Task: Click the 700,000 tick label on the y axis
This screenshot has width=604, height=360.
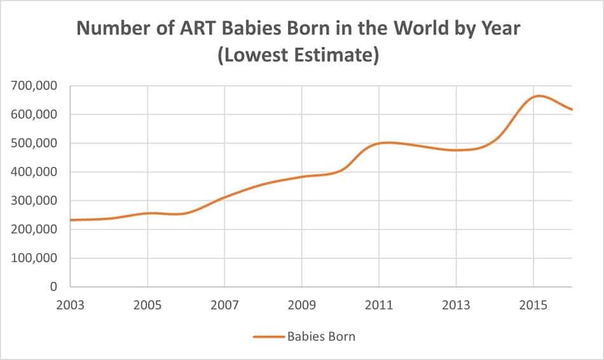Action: click(35, 86)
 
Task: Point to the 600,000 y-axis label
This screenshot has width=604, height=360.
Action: click(35, 114)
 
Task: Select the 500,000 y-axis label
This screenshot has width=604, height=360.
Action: click(35, 143)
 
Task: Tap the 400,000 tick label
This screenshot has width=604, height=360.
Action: click(35, 172)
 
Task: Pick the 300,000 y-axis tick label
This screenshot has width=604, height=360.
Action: click(35, 201)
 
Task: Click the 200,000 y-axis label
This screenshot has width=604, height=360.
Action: click(35, 230)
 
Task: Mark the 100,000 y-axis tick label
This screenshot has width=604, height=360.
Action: click(35, 258)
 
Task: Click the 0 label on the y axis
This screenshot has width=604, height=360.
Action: click(54, 287)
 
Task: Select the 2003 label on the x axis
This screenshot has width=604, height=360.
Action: click(71, 305)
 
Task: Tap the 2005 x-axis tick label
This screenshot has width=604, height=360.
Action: click(148, 305)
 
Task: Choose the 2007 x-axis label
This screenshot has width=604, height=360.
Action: click(224, 305)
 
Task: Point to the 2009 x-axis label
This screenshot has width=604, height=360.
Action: click(302, 305)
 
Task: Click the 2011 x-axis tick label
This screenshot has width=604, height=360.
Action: click(379, 305)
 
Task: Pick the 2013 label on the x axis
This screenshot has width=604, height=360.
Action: click(456, 305)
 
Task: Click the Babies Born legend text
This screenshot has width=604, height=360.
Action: click(321, 336)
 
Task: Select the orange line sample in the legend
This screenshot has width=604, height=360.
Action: click(268, 336)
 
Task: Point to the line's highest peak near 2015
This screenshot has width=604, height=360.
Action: click(538, 96)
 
